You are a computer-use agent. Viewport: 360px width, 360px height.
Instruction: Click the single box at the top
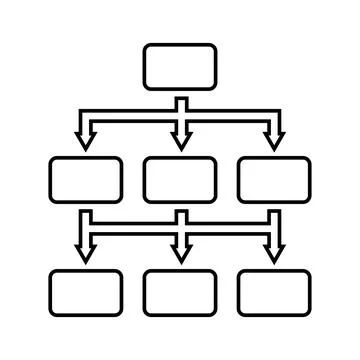coord(180,66)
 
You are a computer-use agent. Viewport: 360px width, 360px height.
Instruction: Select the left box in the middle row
coord(86,180)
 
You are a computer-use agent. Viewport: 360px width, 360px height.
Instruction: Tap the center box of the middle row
coord(180,180)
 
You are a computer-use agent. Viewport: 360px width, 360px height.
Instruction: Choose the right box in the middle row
coord(274,180)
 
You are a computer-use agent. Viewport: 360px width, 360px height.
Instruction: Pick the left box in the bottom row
coord(86,292)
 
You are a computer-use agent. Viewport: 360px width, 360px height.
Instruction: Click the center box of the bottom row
coord(180,292)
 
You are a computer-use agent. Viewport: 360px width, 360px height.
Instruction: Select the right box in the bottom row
coord(274,292)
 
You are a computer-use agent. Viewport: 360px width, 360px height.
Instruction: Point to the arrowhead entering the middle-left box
coord(86,141)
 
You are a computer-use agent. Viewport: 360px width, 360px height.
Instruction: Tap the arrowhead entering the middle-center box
coord(180,141)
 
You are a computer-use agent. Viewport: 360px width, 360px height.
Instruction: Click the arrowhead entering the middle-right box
coord(274,141)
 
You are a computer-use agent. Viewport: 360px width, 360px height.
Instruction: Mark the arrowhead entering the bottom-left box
coord(86,254)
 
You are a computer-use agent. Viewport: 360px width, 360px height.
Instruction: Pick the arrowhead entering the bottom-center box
coord(180,254)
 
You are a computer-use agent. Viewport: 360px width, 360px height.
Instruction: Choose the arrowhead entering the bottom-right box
coord(274,254)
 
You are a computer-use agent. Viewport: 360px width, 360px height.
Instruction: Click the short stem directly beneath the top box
coord(180,101)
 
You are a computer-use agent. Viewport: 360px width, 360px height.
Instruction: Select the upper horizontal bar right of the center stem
coord(228,114)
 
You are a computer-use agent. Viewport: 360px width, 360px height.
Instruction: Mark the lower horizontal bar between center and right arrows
coord(227,226)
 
